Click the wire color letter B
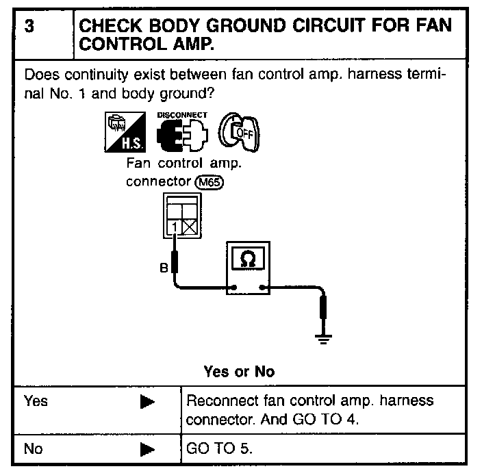tap(163, 268)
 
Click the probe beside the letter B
tap(175, 261)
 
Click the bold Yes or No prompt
tap(239, 372)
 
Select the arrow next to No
tap(147, 450)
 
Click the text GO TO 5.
tap(219, 449)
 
